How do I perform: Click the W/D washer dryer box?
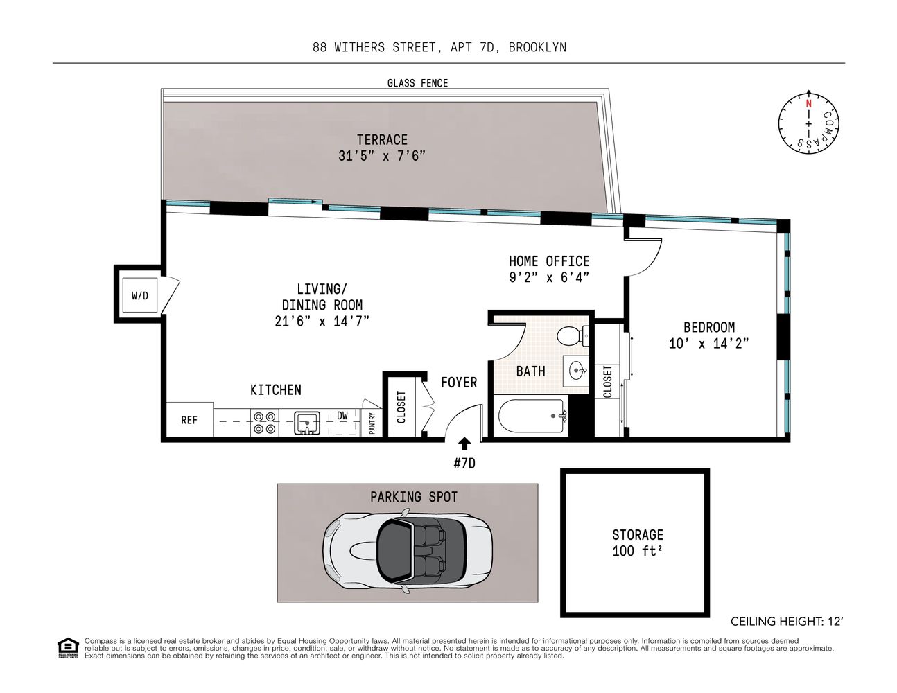pos(140,296)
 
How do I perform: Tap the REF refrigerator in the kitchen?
pos(189,420)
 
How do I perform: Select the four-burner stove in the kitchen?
pos(264,422)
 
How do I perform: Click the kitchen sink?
pos(306,421)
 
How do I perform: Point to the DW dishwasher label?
pos(342,416)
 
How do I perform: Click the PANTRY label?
pos(372,423)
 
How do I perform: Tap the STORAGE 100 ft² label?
pos(637,543)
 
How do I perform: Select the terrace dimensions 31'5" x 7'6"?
pos(381,156)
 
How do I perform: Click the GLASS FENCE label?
pos(417,83)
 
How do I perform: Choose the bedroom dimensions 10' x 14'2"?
pos(708,343)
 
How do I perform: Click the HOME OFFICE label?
pos(549,261)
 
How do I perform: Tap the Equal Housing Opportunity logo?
pos(67,647)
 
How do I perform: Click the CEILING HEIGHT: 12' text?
pos(787,622)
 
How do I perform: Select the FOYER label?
pos(459,383)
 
